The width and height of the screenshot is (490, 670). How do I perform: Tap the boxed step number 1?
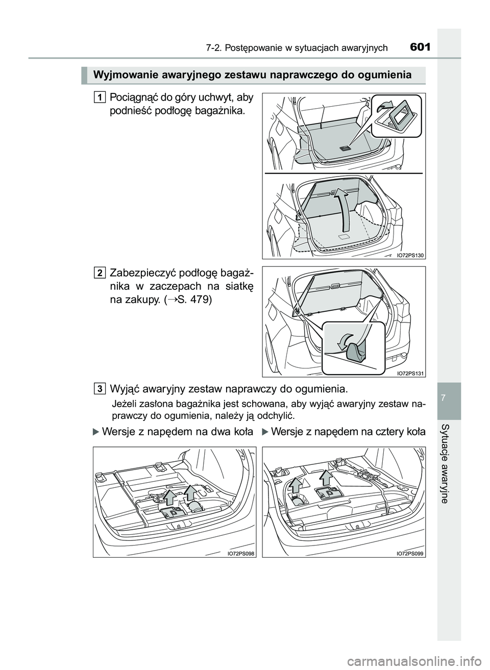pos(100,97)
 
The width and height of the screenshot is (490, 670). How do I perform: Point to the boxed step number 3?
pos(100,389)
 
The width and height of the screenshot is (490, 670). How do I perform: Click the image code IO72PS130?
pos(410,255)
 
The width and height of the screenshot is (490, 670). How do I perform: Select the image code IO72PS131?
pos(410,373)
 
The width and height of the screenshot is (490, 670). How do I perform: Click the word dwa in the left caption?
pos(221,432)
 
